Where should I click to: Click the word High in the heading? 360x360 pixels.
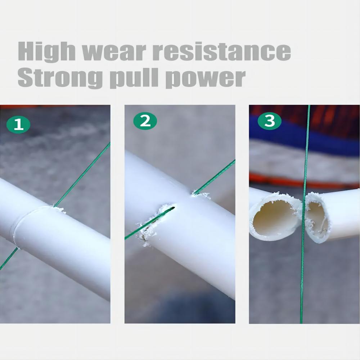pyautogui.click(x=47, y=51)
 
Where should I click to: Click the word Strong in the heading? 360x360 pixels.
pyautogui.click(x=60, y=78)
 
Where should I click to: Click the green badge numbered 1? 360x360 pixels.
pyautogui.click(x=18, y=125)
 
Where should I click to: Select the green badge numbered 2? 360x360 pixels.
pyautogui.click(x=145, y=121)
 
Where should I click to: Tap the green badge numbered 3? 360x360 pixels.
pyautogui.click(x=270, y=121)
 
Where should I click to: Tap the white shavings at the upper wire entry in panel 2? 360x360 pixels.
pyautogui.click(x=201, y=195)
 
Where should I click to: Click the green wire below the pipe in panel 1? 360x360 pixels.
pyautogui.click(x=9, y=258)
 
